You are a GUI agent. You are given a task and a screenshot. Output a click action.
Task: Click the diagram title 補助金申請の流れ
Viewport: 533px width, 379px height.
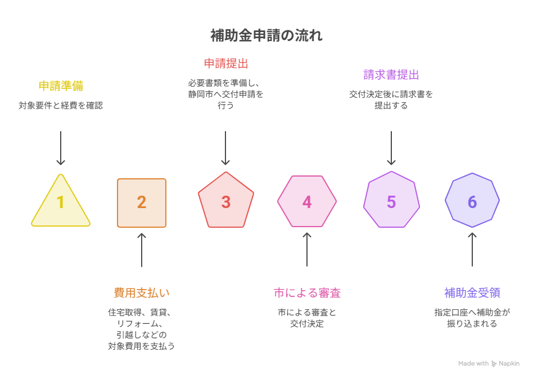(266, 35)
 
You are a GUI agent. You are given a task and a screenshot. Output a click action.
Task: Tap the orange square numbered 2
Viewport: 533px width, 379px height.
(142, 203)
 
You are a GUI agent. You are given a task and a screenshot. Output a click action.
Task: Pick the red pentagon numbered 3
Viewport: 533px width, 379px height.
(226, 201)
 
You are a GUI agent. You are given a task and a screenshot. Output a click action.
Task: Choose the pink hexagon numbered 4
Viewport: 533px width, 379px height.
(307, 201)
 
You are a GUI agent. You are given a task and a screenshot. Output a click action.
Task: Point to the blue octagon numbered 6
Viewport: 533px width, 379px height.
(472, 200)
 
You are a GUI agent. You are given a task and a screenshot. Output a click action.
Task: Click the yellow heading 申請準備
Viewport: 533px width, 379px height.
(61, 85)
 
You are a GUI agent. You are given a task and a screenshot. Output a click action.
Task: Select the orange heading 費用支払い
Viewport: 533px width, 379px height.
(142, 292)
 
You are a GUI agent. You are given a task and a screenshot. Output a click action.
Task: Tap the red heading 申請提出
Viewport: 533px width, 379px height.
(226, 64)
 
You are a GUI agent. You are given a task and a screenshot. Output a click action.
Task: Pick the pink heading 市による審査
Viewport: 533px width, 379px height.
(307, 292)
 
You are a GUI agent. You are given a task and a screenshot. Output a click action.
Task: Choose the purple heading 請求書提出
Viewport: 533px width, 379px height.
(391, 75)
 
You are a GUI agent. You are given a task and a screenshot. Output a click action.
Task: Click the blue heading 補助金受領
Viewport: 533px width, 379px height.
(472, 292)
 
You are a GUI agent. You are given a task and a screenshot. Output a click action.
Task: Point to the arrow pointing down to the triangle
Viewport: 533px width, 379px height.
(61, 148)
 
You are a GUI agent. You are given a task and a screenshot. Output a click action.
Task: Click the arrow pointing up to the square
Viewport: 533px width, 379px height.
(142, 250)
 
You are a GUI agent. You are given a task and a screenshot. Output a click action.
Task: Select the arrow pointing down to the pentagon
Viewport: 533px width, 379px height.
(225, 148)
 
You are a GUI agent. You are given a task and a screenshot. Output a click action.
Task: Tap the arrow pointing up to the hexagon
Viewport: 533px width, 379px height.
(307, 250)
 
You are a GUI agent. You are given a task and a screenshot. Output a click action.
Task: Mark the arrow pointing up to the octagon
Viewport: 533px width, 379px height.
(472, 250)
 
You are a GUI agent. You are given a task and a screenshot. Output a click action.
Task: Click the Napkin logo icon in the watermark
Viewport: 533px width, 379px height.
(494, 364)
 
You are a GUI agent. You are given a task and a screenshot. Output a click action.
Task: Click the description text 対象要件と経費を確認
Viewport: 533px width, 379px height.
(61, 105)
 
